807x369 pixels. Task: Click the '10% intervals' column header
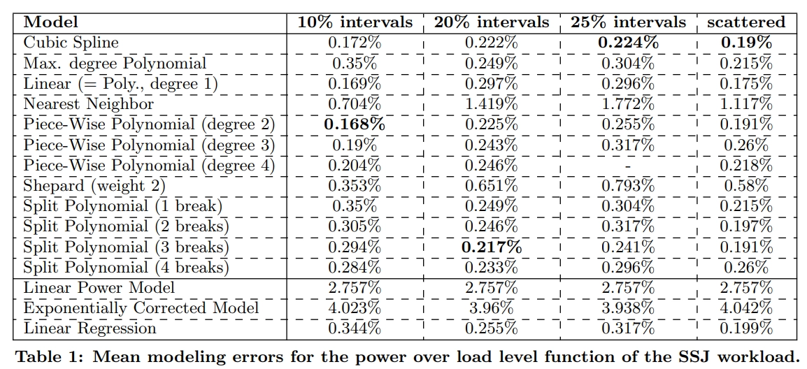click(355, 22)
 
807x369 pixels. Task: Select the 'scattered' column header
click(746, 22)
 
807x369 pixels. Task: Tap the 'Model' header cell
click(51, 22)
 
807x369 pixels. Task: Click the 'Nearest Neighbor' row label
click(89, 104)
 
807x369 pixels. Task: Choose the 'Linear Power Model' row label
click(99, 288)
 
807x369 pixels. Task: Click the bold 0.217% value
click(492, 247)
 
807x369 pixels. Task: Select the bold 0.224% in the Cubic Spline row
click(629, 43)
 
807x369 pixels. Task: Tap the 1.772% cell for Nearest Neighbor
click(629, 104)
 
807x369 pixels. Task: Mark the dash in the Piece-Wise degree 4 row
click(629, 166)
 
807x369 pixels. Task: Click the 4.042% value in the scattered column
click(746, 308)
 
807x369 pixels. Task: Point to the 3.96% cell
click(492, 308)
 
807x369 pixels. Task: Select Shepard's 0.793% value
click(629, 186)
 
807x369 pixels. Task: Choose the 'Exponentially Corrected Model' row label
click(141, 308)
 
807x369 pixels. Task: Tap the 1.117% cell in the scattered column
click(746, 104)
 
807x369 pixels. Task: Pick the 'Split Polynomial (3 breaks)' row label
click(126, 247)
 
